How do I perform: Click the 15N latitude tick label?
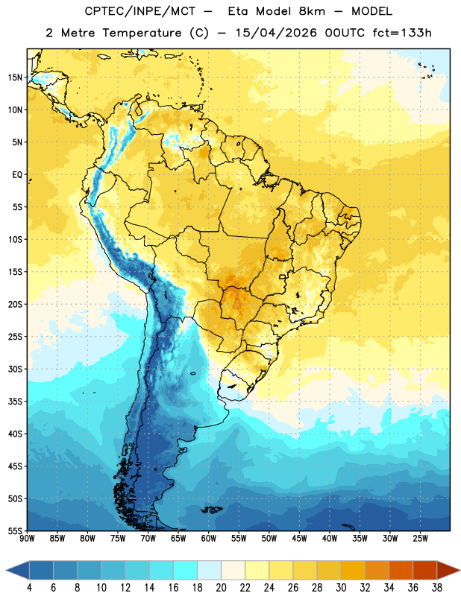[x=15, y=77]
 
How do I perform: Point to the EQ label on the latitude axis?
[x=17, y=175]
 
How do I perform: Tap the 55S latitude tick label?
[x=15, y=530]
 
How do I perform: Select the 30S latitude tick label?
[x=15, y=369]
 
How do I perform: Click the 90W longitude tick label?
[x=27, y=539]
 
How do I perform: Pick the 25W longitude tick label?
[x=420, y=539]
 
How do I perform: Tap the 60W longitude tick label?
[x=209, y=539]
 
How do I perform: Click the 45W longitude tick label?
[x=300, y=539]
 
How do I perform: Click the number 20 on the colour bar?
[x=221, y=588]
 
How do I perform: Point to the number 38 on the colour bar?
[x=437, y=588]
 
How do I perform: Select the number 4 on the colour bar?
[x=29, y=588]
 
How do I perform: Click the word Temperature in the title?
[x=142, y=33]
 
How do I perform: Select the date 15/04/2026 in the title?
[x=276, y=33]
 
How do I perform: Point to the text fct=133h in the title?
[x=402, y=33]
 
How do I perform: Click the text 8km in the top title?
[x=312, y=11]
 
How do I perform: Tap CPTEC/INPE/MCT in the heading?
[x=140, y=11]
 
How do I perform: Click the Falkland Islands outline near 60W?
[x=212, y=510]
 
